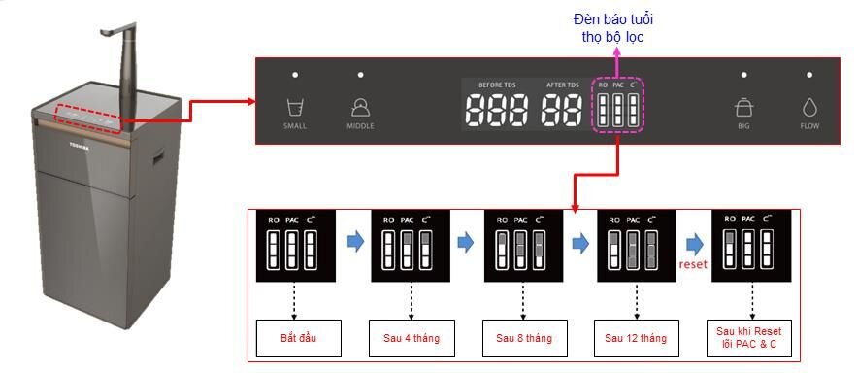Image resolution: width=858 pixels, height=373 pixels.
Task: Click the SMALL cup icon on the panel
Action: (x=294, y=107)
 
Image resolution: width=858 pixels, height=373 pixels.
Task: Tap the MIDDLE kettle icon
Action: (x=360, y=107)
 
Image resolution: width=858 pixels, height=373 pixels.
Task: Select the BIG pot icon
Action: (x=744, y=107)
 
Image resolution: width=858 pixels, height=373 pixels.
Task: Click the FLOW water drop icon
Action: (x=809, y=107)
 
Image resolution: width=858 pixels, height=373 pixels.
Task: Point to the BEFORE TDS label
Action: (x=497, y=85)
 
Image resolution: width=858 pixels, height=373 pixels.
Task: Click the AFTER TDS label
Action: (x=563, y=85)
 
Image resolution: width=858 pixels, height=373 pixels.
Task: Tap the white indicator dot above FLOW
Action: (x=809, y=75)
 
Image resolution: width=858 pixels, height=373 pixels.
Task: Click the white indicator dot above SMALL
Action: (x=295, y=75)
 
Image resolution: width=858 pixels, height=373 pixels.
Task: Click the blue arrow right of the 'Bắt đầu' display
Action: (x=355, y=243)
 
